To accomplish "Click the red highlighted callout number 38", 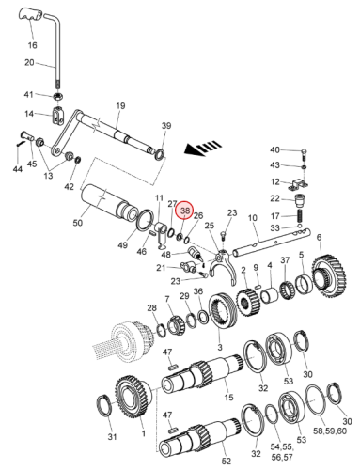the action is tap(185, 211).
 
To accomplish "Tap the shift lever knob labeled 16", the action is tap(30, 14).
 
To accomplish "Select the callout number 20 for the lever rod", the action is tap(29, 62).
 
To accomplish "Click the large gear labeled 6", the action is tap(329, 277).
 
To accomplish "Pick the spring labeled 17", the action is tap(300, 216).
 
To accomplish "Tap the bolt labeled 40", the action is tap(304, 154).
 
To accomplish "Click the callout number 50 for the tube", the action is tap(78, 223).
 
